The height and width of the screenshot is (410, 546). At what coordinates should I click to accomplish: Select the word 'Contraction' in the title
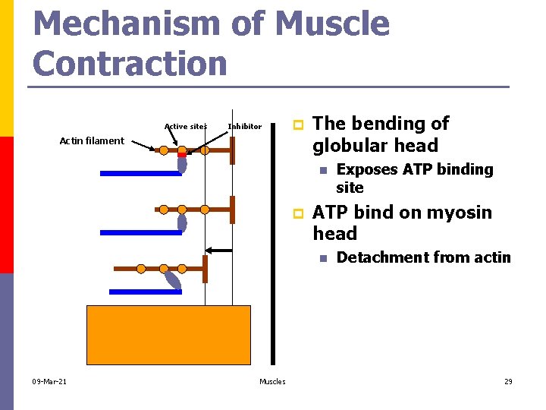tap(130, 63)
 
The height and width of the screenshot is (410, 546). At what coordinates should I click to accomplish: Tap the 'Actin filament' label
tap(92, 140)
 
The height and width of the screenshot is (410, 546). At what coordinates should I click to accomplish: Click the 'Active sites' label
tap(185, 126)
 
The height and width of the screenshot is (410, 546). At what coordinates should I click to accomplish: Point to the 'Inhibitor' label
tap(244, 126)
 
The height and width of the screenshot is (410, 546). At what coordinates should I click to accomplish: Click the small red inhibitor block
tap(182, 155)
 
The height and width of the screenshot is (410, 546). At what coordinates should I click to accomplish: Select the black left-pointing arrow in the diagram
tap(219, 250)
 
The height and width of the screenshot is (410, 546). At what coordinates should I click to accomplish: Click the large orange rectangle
tap(168, 335)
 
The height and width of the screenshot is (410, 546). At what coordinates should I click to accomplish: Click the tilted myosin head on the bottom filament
tap(173, 281)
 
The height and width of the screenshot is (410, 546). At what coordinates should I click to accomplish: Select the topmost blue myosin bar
tap(141, 173)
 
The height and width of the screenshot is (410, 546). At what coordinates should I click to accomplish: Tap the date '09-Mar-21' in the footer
tap(49, 381)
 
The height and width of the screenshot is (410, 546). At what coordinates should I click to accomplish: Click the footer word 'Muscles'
tap(272, 381)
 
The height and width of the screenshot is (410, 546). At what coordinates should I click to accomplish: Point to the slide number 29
tap(508, 381)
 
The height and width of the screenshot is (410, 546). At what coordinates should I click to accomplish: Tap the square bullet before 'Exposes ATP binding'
tap(322, 170)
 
